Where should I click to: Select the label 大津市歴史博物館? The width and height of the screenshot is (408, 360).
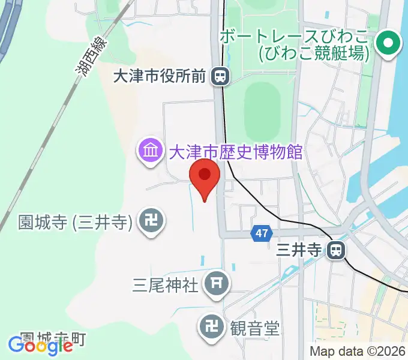tap(235, 151)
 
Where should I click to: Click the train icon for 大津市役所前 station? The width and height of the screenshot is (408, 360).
tap(221, 76)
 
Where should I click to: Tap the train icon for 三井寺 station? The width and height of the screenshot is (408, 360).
tap(337, 250)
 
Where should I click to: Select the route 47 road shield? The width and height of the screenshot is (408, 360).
tap(262, 233)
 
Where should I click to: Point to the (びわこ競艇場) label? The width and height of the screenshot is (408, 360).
tap(313, 53)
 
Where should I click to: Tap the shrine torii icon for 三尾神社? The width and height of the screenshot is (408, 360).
tap(217, 284)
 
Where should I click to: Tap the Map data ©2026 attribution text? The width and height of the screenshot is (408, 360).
tap(357, 352)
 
